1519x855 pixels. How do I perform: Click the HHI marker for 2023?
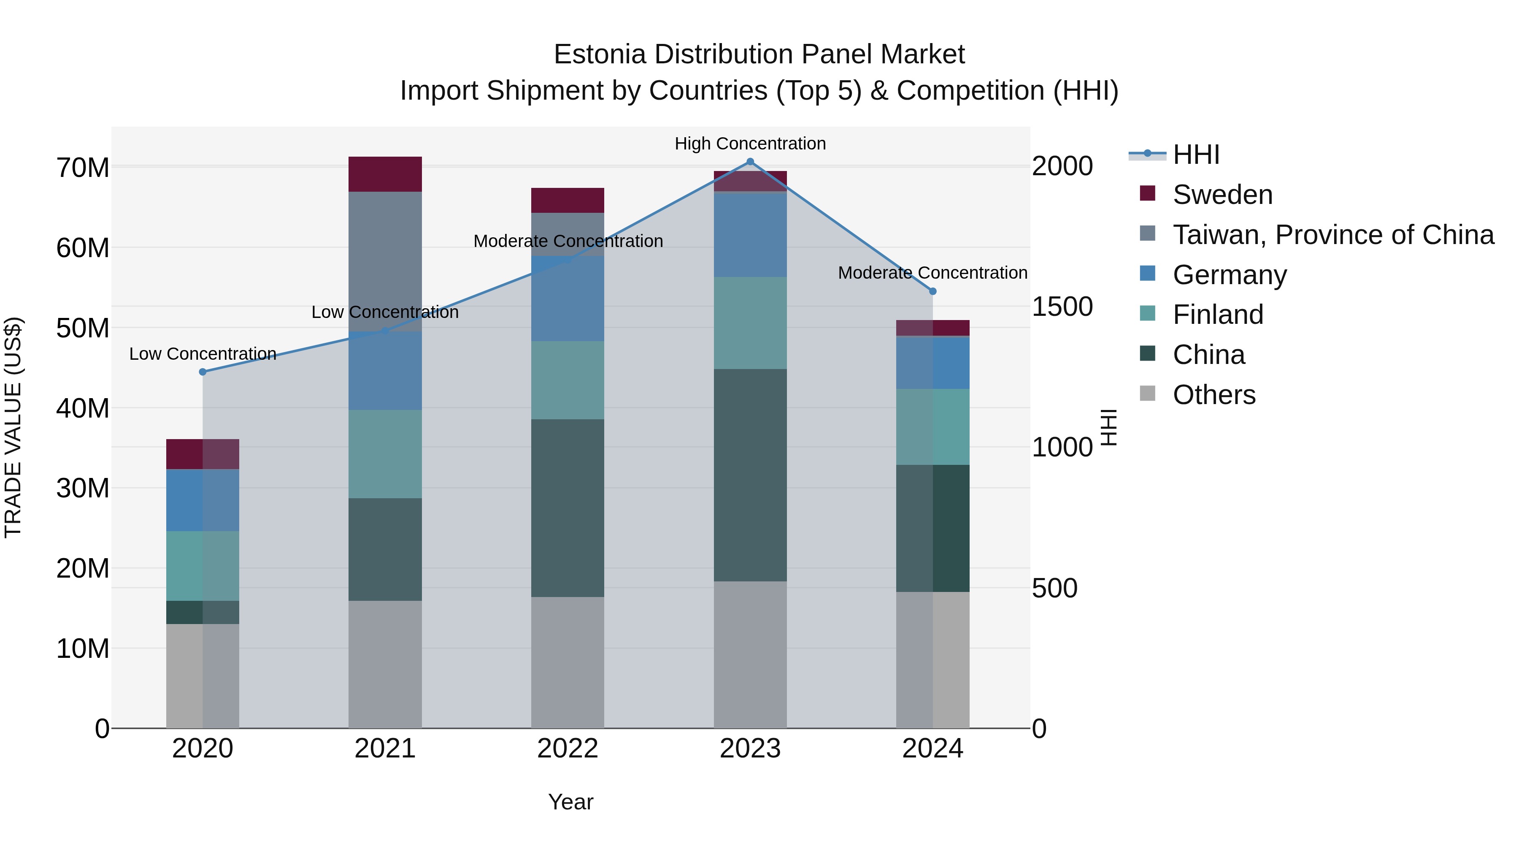click(750, 162)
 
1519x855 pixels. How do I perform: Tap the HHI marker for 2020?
click(203, 372)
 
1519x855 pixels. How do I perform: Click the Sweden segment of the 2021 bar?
click(385, 174)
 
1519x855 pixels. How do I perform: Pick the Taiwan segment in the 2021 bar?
click(385, 260)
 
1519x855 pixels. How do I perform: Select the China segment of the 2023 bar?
click(750, 475)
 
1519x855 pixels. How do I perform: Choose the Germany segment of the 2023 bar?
click(750, 235)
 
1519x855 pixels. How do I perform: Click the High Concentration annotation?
click(750, 144)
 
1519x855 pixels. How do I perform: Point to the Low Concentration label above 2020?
click(203, 354)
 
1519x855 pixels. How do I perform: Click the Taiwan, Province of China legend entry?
click(1333, 235)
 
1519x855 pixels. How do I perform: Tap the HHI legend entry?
click(1195, 155)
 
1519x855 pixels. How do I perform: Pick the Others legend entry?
click(1214, 395)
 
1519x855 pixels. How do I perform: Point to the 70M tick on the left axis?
click(83, 168)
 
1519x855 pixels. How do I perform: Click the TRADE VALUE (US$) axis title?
click(13, 427)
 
